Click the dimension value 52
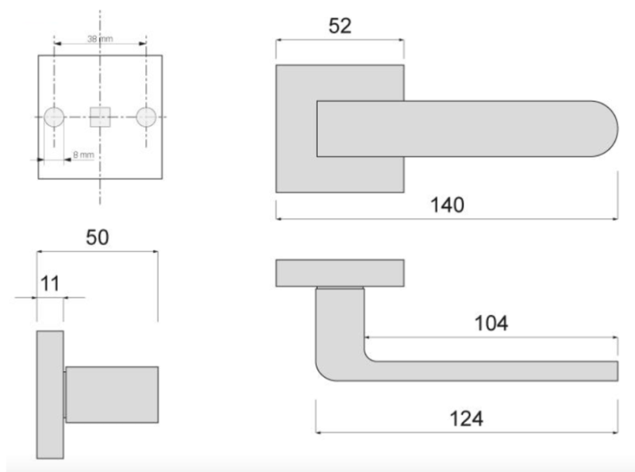(x=340, y=26)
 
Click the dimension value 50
(x=97, y=237)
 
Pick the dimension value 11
(x=50, y=284)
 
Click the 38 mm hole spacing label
(x=100, y=39)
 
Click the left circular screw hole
(x=55, y=117)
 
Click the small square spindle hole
(x=100, y=117)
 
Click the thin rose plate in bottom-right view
(x=340, y=272)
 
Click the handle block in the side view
(x=111, y=394)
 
